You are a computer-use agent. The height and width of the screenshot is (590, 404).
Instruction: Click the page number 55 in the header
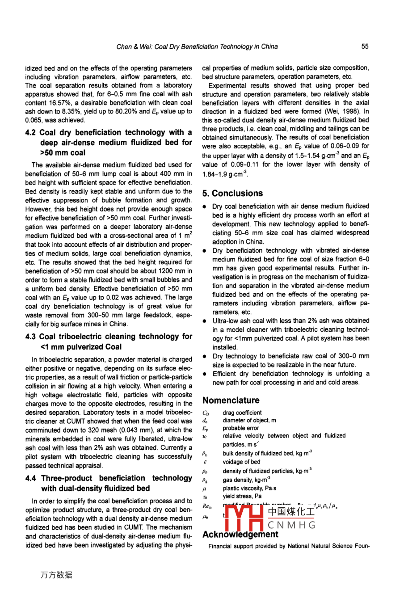[x=365, y=46]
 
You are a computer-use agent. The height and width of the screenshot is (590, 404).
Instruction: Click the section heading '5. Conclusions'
[x=232, y=194]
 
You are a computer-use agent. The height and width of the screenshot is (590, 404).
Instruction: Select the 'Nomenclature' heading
[x=231, y=400]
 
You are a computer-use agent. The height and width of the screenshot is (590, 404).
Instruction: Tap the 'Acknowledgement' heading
[x=240, y=535]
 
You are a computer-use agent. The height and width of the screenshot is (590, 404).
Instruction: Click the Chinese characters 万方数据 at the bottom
[x=56, y=575]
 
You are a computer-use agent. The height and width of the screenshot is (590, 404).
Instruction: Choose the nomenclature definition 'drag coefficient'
[x=242, y=413]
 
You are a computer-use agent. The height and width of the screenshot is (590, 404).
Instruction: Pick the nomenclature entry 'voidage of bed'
[x=241, y=462]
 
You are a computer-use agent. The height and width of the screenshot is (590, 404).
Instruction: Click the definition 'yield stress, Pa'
[x=242, y=496]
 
